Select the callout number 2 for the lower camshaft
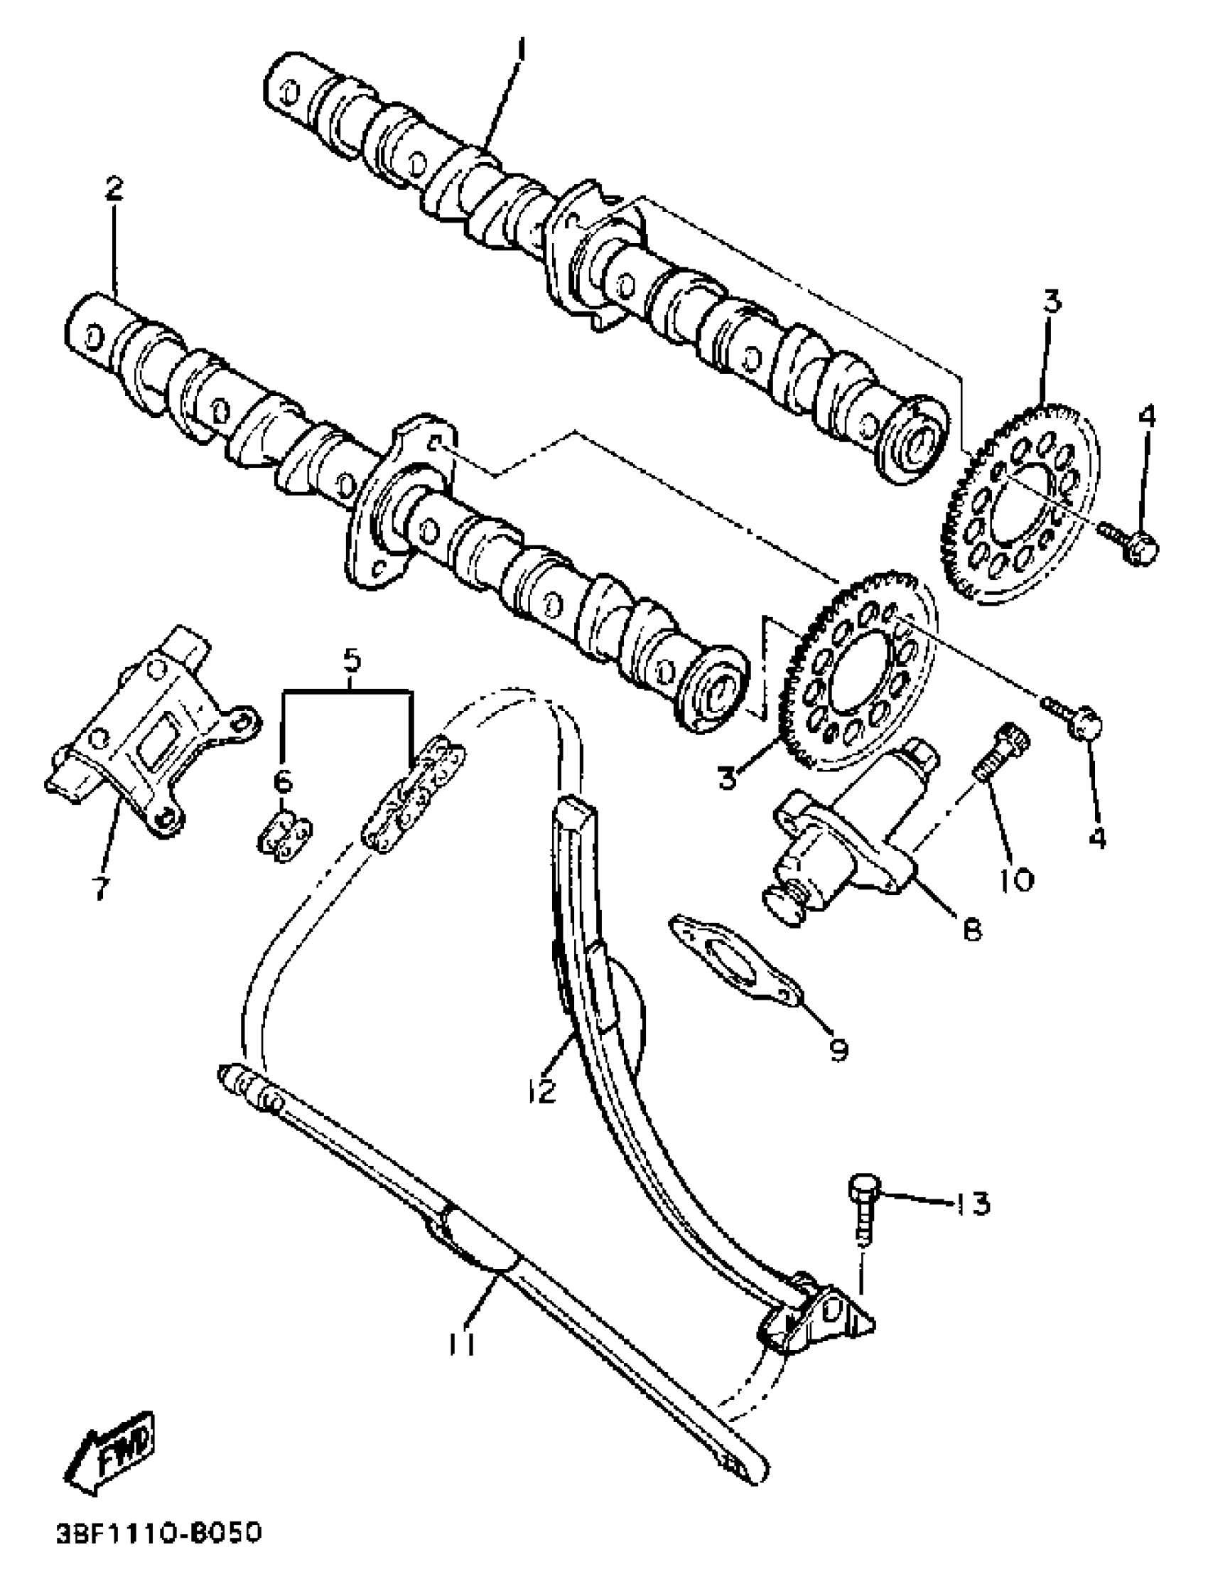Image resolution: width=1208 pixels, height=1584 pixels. click(x=113, y=189)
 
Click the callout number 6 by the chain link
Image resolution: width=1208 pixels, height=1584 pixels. click(x=284, y=778)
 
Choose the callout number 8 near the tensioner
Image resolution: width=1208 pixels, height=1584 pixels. click(x=971, y=930)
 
